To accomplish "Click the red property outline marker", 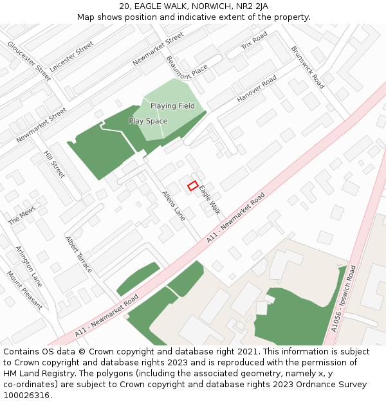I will click(x=192, y=186).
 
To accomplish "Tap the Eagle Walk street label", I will click(x=210, y=200).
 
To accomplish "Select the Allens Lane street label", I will click(x=173, y=206).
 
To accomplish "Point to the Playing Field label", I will click(x=172, y=106).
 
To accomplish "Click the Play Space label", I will click(x=148, y=121).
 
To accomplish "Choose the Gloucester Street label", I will click(x=30, y=61).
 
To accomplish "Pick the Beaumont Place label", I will click(x=187, y=65).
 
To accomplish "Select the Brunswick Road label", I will click(x=308, y=66).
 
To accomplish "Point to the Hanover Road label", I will click(x=257, y=89).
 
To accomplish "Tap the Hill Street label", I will click(x=54, y=164).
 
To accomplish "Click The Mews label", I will click(x=23, y=215).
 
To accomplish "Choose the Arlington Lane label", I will click(x=28, y=266).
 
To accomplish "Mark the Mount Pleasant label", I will click(x=24, y=290).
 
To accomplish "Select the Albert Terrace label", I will click(x=78, y=253).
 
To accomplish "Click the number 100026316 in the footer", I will click(x=27, y=395).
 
